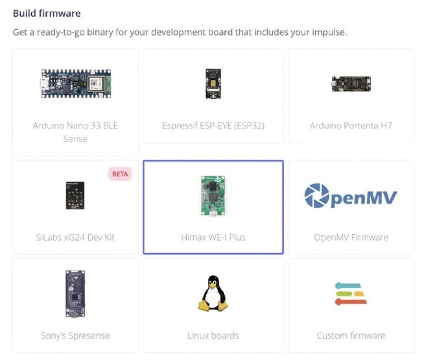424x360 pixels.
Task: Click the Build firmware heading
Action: click(47, 13)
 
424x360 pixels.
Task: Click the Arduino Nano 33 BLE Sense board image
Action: click(76, 84)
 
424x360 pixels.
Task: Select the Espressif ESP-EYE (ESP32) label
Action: click(213, 126)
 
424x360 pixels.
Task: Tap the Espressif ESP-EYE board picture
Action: click(213, 83)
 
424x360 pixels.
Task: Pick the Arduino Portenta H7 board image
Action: click(351, 84)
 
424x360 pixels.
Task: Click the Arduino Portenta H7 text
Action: click(351, 126)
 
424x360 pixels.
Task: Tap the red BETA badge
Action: click(120, 174)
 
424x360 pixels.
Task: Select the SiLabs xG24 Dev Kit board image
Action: click(75, 195)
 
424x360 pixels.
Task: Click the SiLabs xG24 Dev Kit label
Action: click(75, 237)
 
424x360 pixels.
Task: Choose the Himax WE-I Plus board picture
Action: click(213, 196)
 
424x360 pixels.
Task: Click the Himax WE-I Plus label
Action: click(213, 237)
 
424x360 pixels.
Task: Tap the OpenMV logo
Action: click(351, 196)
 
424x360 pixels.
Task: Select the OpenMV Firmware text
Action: click(351, 237)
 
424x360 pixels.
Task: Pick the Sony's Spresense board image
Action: click(75, 293)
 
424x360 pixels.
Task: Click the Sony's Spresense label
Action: click(75, 336)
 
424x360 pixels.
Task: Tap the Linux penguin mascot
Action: click(213, 293)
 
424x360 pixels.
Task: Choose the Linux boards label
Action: click(213, 336)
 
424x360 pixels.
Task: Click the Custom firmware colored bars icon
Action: click(351, 294)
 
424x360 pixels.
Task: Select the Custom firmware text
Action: click(351, 336)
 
